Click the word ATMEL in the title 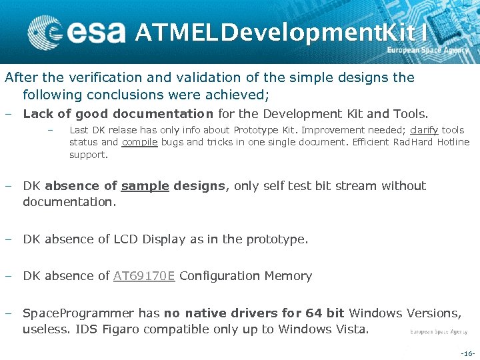click(x=175, y=31)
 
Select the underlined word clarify click(x=424, y=130)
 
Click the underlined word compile click(x=140, y=142)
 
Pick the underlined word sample click(x=145, y=186)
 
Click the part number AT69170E click(x=144, y=276)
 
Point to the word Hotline click(x=453, y=142)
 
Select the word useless click(x=47, y=329)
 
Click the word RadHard click(x=413, y=142)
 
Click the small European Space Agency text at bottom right click(x=439, y=331)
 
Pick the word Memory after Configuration click(x=286, y=276)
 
